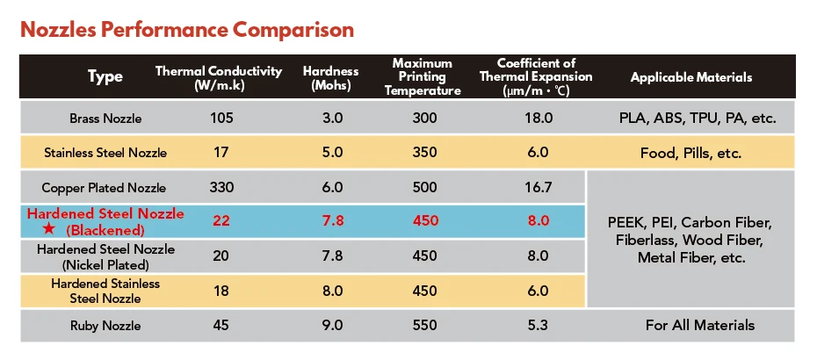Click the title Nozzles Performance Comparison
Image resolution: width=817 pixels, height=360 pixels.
pos(187,30)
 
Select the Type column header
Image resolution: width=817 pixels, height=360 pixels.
pos(105,77)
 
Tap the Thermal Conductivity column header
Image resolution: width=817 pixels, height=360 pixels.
pos(219,77)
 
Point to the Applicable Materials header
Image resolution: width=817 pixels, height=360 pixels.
pos(691,77)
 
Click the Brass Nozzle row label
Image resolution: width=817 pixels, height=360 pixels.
pos(105,118)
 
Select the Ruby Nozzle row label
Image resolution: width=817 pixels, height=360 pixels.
pos(105,325)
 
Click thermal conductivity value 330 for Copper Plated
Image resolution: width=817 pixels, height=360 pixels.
pos(220,188)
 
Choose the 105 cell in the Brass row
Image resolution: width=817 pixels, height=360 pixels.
pos(220,118)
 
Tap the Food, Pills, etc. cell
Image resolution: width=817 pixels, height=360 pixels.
pos(690,153)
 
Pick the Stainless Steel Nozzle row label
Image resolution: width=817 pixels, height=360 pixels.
pos(105,153)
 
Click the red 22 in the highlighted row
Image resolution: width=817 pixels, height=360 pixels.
pos(220,220)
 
